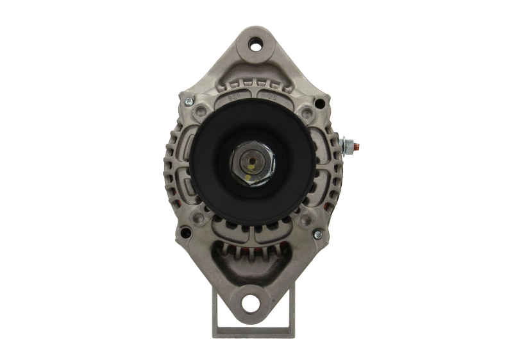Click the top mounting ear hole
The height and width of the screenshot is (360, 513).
tap(256, 45)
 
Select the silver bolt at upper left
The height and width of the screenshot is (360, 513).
tap(189, 101)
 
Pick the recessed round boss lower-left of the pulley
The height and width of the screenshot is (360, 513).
tap(200, 218)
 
